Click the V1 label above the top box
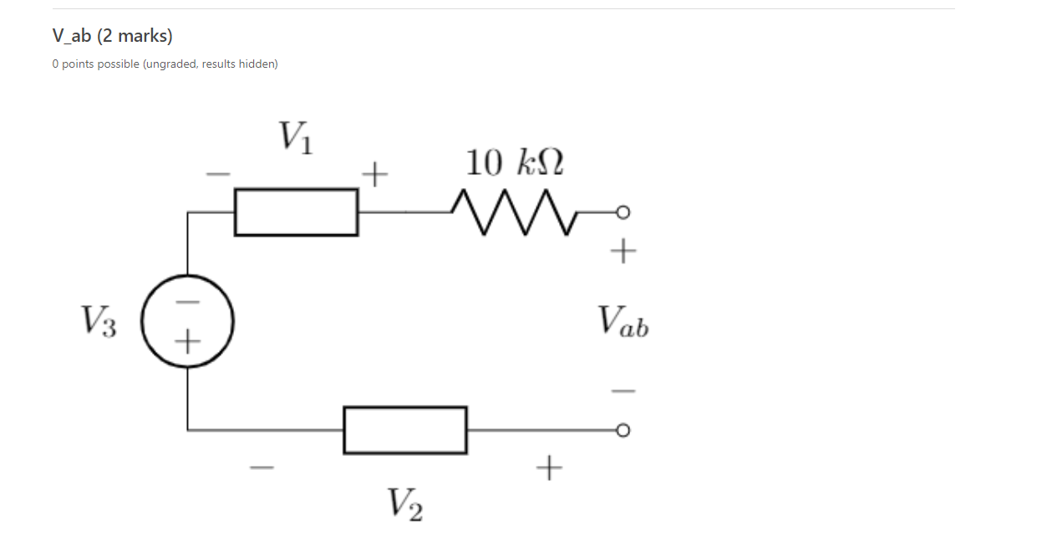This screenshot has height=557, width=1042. [x=296, y=137]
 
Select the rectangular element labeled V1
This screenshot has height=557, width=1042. [x=296, y=212]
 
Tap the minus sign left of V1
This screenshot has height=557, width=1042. [x=218, y=175]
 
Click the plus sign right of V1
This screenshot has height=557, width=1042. [x=375, y=175]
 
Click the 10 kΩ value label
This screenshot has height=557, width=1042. [x=514, y=162]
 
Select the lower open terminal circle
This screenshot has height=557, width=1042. [x=621, y=430]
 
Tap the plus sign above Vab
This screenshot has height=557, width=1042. [x=623, y=251]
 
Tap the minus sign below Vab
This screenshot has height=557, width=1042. [x=623, y=391]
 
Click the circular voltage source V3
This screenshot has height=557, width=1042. [x=187, y=321]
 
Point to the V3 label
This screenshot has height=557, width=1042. [x=99, y=321]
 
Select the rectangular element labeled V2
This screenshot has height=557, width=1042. [x=404, y=430]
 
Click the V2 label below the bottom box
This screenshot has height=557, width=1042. [x=404, y=504]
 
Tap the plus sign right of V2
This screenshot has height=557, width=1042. [x=548, y=468]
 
